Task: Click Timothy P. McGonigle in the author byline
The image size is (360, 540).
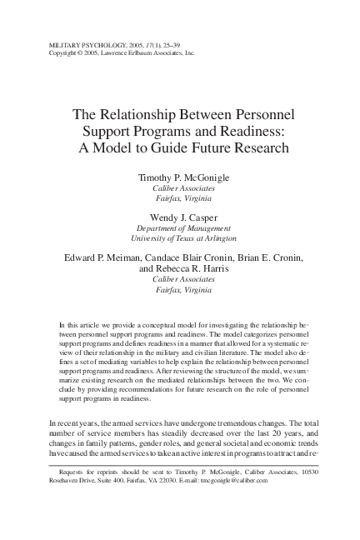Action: coord(180,178)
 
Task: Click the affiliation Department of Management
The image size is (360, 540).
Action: coord(180,229)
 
